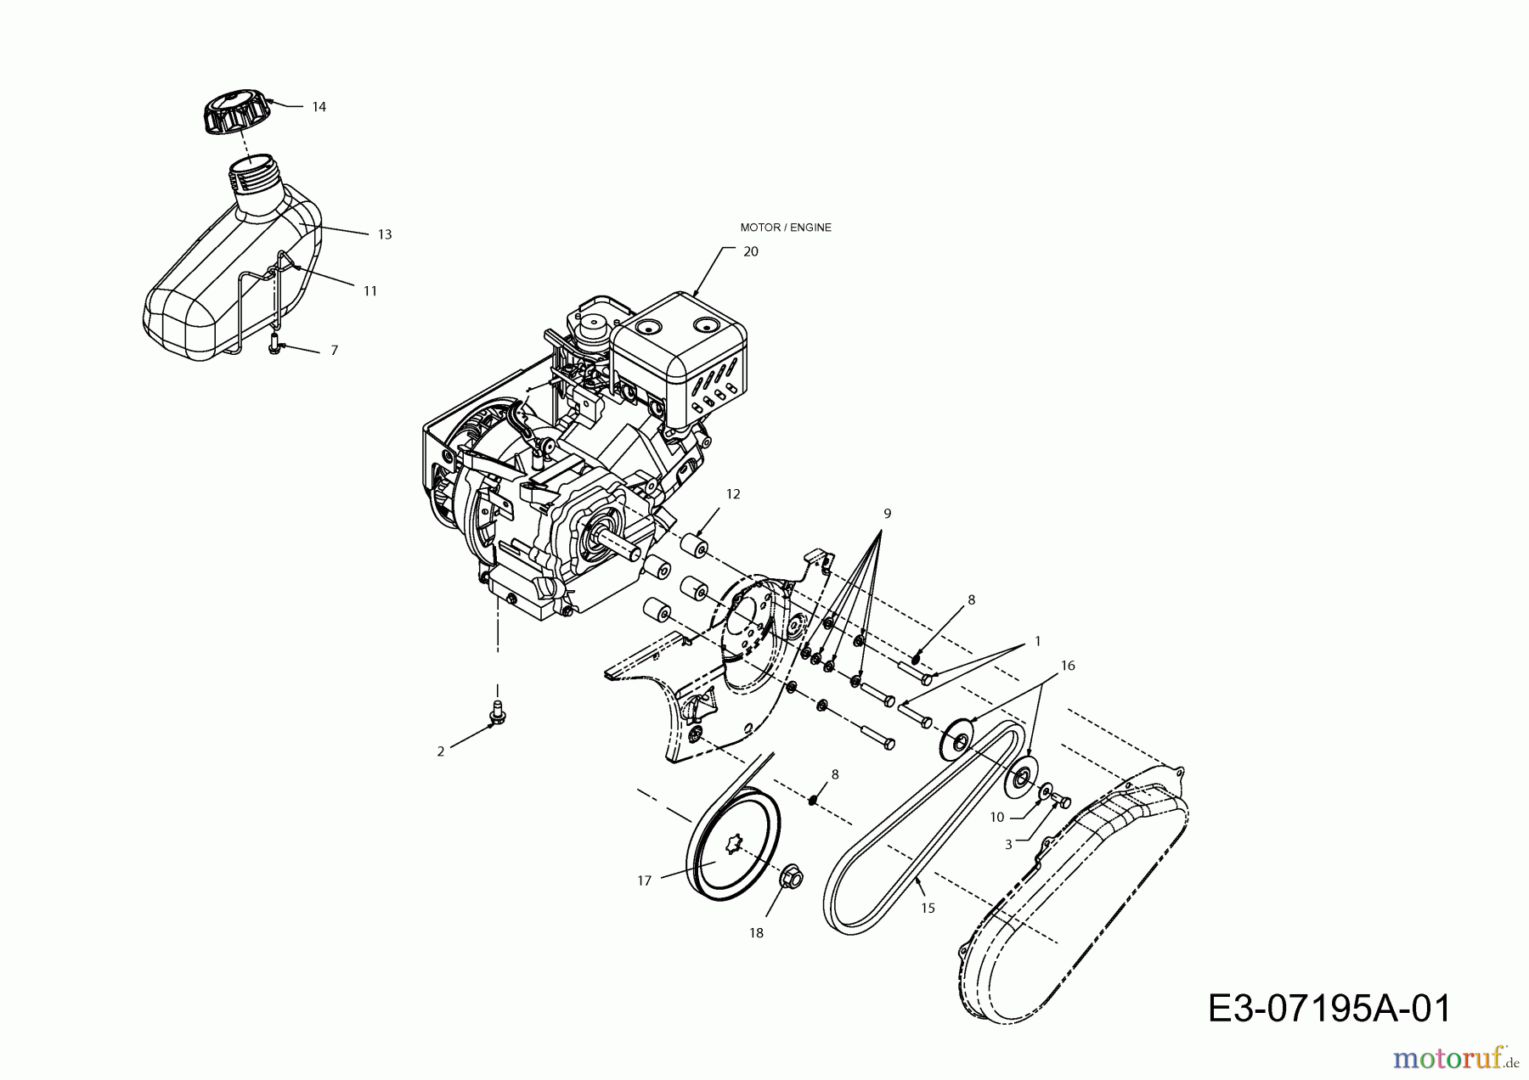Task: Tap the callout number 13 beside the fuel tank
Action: point(385,234)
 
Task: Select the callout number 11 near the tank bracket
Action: point(370,290)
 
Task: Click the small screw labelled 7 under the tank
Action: point(274,344)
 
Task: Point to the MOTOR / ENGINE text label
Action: point(786,228)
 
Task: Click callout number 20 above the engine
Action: point(751,251)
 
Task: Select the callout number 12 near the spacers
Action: point(733,494)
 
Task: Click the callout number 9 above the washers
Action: point(887,514)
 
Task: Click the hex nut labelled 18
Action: point(791,875)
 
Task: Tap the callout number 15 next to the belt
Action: point(928,908)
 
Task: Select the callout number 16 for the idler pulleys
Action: point(1068,666)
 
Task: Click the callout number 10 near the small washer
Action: point(997,817)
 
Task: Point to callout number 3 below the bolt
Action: point(1008,845)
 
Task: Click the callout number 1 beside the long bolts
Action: point(1037,642)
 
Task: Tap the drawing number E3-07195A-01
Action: point(1329,1009)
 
